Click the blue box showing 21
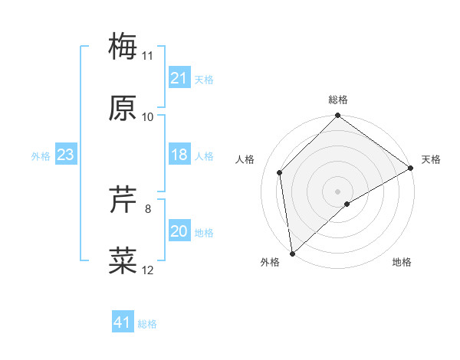(x=179, y=78)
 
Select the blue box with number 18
(x=179, y=155)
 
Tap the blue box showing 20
(x=179, y=231)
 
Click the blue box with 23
(x=65, y=155)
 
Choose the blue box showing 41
(x=122, y=322)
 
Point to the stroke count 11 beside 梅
(x=148, y=55)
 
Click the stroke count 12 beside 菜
(x=148, y=270)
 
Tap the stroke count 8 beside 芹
(x=148, y=208)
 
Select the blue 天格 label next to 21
(x=204, y=79)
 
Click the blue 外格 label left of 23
(x=41, y=155)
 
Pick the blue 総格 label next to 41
(x=147, y=323)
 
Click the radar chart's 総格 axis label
(x=338, y=100)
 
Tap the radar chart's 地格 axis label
(x=402, y=262)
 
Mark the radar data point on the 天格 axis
(x=411, y=168)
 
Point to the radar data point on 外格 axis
(x=292, y=253)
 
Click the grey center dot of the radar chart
(x=337, y=191)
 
